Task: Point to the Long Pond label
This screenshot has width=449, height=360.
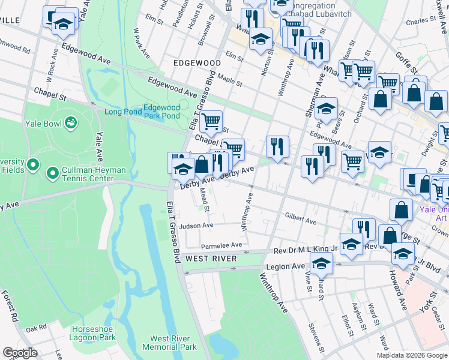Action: tap(122, 112)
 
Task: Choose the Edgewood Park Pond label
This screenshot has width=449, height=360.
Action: tap(161, 112)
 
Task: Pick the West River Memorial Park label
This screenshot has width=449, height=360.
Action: tap(169, 343)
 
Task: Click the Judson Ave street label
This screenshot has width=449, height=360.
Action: tap(196, 226)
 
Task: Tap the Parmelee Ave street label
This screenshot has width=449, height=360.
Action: tap(221, 245)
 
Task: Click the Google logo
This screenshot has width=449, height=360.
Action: tap(20, 353)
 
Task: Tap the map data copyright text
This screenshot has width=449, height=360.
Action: tap(412, 355)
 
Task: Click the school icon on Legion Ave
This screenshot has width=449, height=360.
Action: tap(322, 263)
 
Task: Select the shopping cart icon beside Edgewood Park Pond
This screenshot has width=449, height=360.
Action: tap(211, 122)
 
